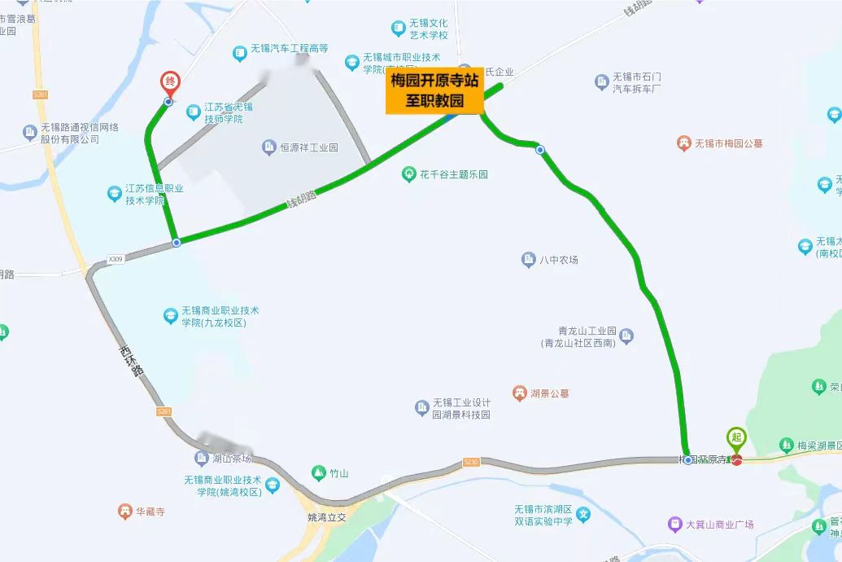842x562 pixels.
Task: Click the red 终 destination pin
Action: pyautogui.click(x=170, y=82)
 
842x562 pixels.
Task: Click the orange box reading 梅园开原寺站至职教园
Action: pyautogui.click(x=434, y=90)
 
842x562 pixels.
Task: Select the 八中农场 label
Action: pyautogui.click(x=559, y=260)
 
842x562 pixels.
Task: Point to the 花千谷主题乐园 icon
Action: pyautogui.click(x=409, y=174)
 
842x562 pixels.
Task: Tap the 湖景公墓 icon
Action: pyautogui.click(x=519, y=393)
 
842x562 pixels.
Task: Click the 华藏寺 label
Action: pyautogui.click(x=150, y=512)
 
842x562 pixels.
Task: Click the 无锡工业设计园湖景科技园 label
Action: pyautogui.click(x=461, y=408)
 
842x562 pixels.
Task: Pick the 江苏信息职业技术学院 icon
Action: pyautogui.click(x=114, y=193)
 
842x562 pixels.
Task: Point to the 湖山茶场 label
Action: pyautogui.click(x=231, y=458)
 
